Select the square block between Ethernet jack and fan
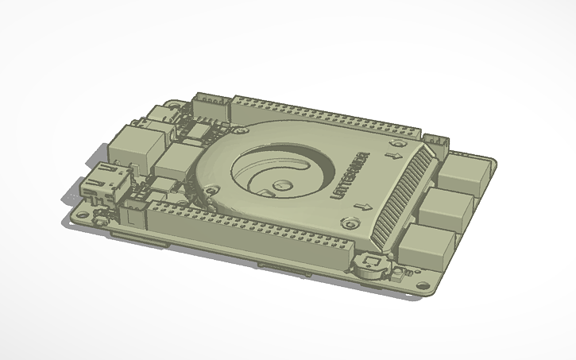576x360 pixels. pos(172,161)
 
